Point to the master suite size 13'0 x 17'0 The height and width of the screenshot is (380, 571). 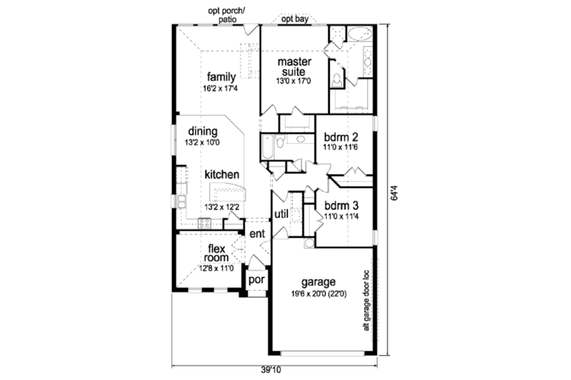(x=293, y=81)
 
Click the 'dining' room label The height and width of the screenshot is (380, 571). (x=203, y=132)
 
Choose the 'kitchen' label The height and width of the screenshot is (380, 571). (x=221, y=175)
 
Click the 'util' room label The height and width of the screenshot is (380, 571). (x=281, y=214)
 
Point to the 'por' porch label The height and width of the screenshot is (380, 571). (x=256, y=279)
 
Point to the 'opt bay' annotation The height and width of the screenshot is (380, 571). (x=294, y=20)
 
